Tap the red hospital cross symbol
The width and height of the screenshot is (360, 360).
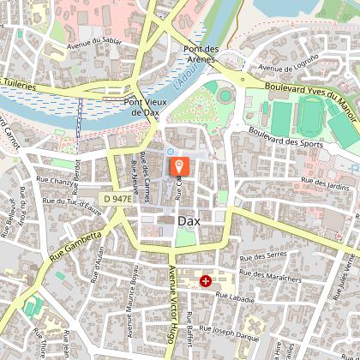coord(206,281)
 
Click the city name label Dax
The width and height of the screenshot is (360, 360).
coord(189,221)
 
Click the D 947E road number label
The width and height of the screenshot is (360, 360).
coord(117,198)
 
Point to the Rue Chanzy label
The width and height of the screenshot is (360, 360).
coord(51,180)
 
